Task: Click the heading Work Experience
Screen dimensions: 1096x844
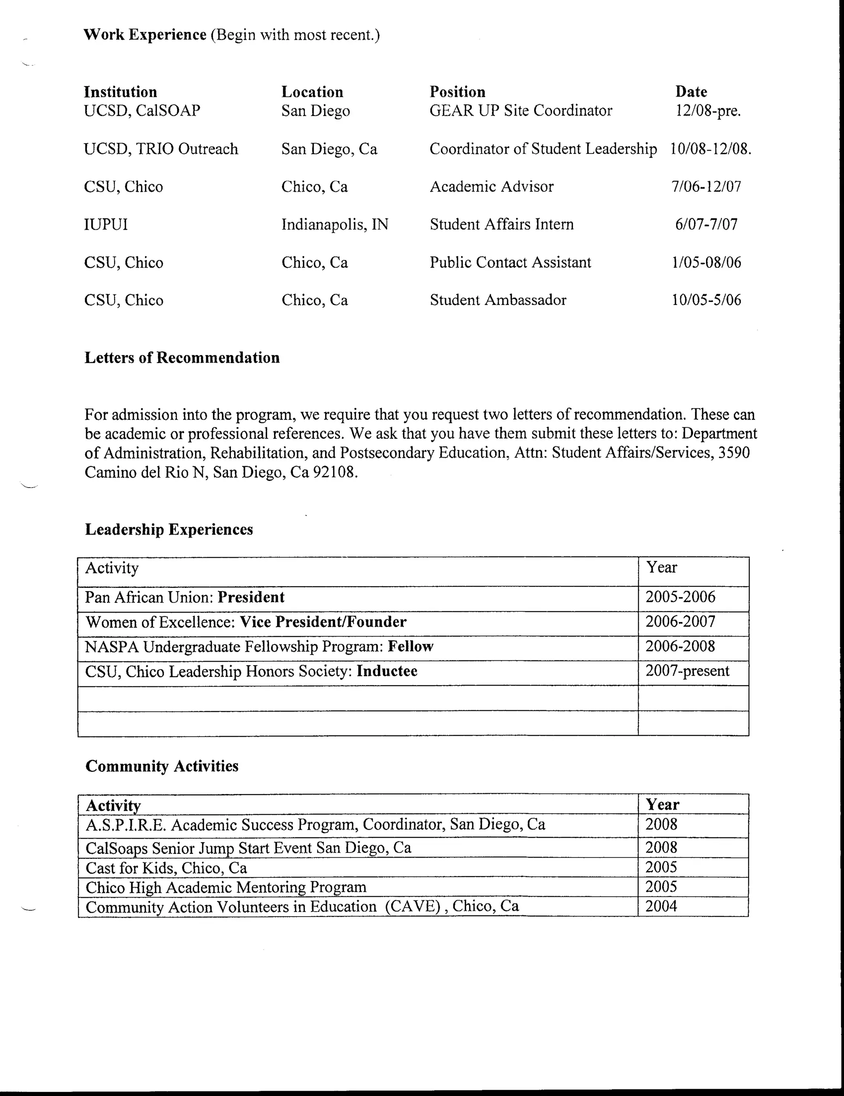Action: coord(145,35)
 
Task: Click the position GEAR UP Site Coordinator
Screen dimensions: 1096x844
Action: coord(520,111)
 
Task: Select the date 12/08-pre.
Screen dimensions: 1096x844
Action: coord(708,111)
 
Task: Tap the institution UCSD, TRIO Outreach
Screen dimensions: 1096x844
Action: coord(160,149)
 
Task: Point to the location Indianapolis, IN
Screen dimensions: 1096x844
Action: coord(335,224)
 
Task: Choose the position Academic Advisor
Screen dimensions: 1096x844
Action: coord(492,187)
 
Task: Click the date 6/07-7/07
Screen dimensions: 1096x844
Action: coord(706,224)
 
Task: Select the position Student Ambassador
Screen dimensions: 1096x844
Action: coord(498,300)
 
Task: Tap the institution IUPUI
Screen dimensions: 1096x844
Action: coord(106,224)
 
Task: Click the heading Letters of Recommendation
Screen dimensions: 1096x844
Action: coord(182,358)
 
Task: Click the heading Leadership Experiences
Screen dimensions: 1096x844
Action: coord(169,529)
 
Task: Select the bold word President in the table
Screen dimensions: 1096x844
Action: coord(251,597)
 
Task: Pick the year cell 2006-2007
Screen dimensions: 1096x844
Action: coord(680,622)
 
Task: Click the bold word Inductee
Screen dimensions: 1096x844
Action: coord(387,671)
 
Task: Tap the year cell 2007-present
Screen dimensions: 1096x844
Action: coord(687,671)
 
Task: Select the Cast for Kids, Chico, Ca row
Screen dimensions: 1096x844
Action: coord(166,867)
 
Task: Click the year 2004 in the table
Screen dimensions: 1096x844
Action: coord(661,906)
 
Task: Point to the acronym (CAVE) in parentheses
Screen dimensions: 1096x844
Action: coord(413,907)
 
